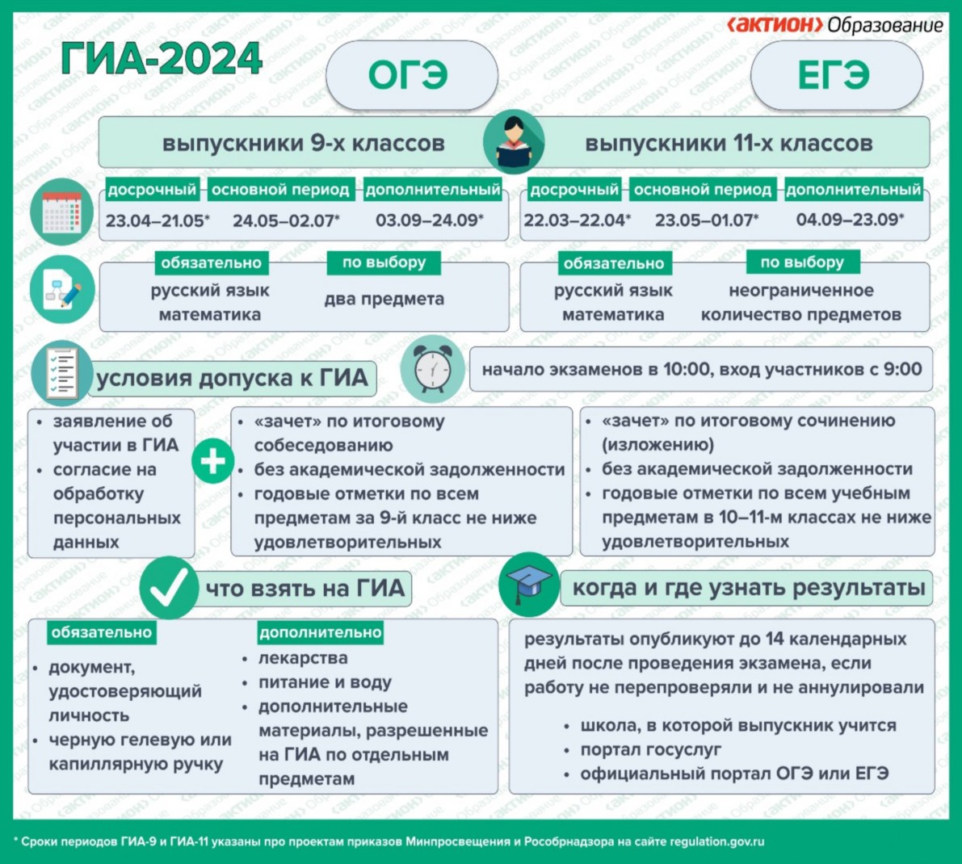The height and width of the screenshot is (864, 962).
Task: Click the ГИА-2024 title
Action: (162, 59)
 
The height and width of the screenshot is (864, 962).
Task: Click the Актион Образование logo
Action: (835, 24)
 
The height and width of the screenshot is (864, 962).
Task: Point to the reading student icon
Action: (514, 142)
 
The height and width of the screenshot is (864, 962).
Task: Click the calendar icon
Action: (62, 212)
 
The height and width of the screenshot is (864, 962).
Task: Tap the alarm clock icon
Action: (433, 368)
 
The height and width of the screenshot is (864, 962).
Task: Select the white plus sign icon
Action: (213, 461)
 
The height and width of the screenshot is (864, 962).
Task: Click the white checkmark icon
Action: (169, 588)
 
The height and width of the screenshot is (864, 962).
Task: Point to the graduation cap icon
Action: (529, 585)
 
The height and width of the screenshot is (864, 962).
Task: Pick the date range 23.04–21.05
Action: (157, 220)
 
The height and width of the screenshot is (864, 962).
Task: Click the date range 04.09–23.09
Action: (850, 220)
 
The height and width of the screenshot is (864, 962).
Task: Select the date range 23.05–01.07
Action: (707, 220)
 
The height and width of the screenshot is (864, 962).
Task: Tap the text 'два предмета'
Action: (384, 300)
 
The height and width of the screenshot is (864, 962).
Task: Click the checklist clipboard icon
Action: (62, 373)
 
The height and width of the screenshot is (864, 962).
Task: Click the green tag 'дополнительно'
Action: (320, 632)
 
